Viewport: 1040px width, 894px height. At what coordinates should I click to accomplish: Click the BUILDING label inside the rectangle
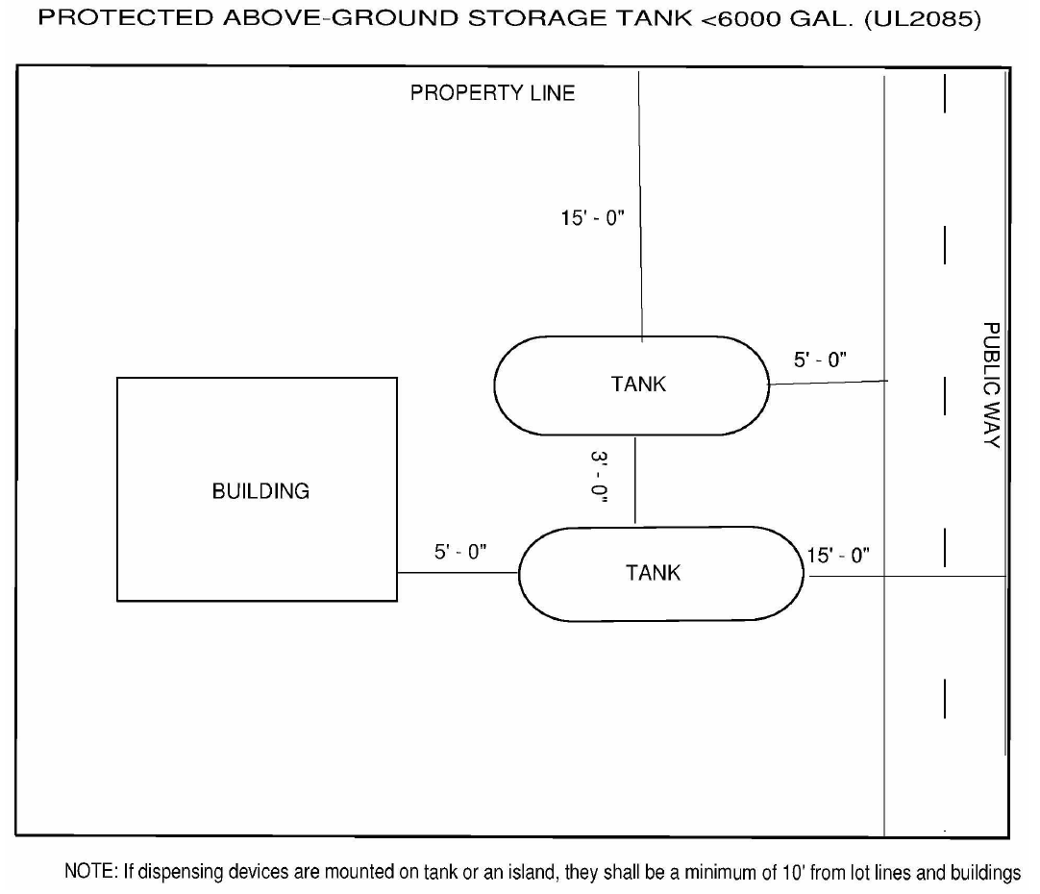(260, 491)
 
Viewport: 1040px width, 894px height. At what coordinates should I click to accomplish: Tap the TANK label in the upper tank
(638, 385)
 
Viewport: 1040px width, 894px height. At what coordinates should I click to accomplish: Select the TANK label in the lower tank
(653, 573)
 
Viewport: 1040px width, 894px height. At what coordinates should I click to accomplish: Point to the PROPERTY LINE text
(492, 93)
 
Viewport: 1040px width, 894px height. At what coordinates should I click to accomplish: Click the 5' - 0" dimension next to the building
(461, 553)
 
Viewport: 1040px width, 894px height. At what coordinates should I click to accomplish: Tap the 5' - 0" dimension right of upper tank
(819, 360)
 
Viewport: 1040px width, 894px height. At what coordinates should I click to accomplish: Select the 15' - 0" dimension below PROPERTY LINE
(593, 218)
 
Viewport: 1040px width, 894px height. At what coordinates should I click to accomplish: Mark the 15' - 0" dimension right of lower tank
(839, 555)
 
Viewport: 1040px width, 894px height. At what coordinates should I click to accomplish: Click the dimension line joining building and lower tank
(458, 573)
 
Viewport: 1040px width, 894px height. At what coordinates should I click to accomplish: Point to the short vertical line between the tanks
(635, 481)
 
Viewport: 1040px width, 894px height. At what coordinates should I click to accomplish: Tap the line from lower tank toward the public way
(904, 576)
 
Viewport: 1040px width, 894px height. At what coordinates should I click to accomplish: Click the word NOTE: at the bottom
(89, 873)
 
